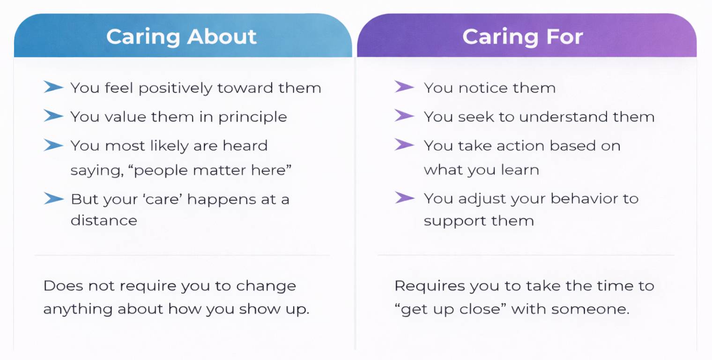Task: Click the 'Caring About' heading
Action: pos(181,37)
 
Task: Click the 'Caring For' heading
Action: pos(523,37)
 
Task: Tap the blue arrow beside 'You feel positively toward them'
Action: pos(53,87)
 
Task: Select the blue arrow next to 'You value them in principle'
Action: pos(53,116)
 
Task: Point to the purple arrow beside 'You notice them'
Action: pos(404,87)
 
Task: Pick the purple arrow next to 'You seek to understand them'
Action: pos(404,115)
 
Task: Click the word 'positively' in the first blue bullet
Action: pos(176,89)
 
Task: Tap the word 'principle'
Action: pos(252,117)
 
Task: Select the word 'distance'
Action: pos(104,220)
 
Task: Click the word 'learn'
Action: pos(520,170)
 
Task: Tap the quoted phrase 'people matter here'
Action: pos(210,171)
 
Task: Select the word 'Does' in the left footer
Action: pos(63,285)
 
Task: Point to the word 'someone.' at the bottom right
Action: pos(590,309)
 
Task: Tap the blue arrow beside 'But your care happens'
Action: pos(53,198)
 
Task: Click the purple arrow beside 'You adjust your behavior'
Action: pos(404,197)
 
